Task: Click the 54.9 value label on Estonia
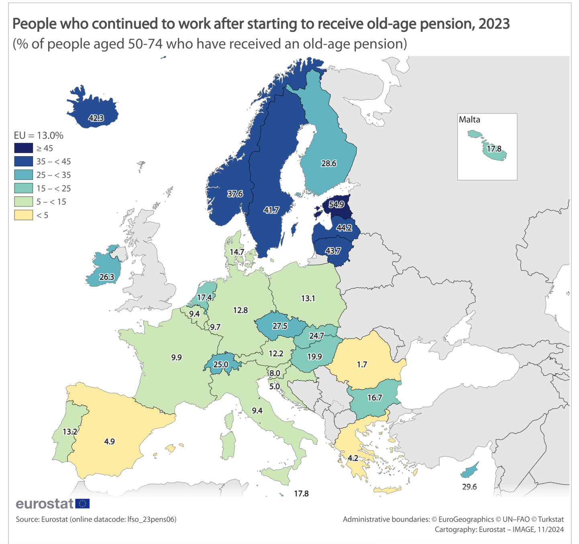[336, 204]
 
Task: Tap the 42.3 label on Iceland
[96, 118]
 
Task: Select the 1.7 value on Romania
[362, 364]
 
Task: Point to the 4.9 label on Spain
[109, 442]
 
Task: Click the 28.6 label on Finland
[328, 163]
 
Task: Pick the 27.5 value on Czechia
[280, 326]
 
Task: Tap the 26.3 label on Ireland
[107, 277]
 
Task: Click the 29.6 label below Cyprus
[469, 487]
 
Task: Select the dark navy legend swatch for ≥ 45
[24, 148]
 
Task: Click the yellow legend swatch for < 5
[24, 215]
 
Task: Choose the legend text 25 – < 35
[53, 175]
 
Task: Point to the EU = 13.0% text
[39, 135]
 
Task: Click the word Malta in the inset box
[469, 120]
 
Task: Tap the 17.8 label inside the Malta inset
[494, 149]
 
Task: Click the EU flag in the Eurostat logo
[82, 503]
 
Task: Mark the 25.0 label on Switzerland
[220, 364]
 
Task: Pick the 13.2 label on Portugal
[70, 432]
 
